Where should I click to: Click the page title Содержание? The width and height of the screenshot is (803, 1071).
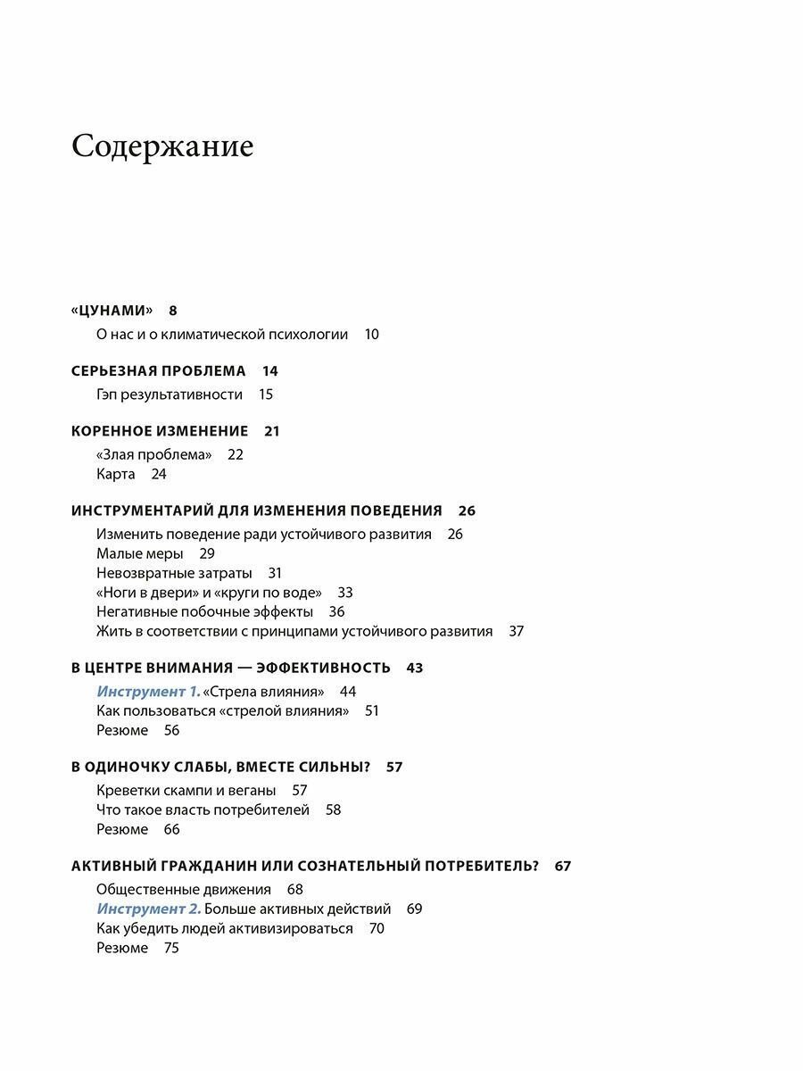(162, 146)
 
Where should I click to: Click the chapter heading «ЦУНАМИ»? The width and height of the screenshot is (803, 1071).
(112, 311)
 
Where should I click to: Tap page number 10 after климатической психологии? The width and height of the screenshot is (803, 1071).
(371, 335)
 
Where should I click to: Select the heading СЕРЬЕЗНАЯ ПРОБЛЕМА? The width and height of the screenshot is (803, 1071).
(158, 370)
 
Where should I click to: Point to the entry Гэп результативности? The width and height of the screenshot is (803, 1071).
(170, 394)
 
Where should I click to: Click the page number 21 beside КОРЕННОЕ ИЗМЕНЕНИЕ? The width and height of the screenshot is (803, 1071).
(272, 431)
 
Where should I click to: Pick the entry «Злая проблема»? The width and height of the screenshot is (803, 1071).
(153, 454)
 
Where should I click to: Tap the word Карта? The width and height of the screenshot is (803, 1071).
(116, 474)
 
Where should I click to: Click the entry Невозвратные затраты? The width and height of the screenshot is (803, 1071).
(174, 573)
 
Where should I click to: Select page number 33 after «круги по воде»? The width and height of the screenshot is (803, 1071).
(345, 593)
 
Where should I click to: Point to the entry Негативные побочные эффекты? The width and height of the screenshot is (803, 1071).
(204, 612)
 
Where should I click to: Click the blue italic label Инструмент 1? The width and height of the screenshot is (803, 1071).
(148, 692)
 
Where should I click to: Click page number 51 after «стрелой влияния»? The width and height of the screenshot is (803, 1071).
(372, 711)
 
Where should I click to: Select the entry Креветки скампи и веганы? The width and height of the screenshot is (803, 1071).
(186, 791)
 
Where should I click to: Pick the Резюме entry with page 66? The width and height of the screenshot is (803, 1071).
(122, 830)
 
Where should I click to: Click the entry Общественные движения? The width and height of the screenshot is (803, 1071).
(183, 890)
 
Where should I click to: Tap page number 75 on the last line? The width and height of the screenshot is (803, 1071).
(171, 949)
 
